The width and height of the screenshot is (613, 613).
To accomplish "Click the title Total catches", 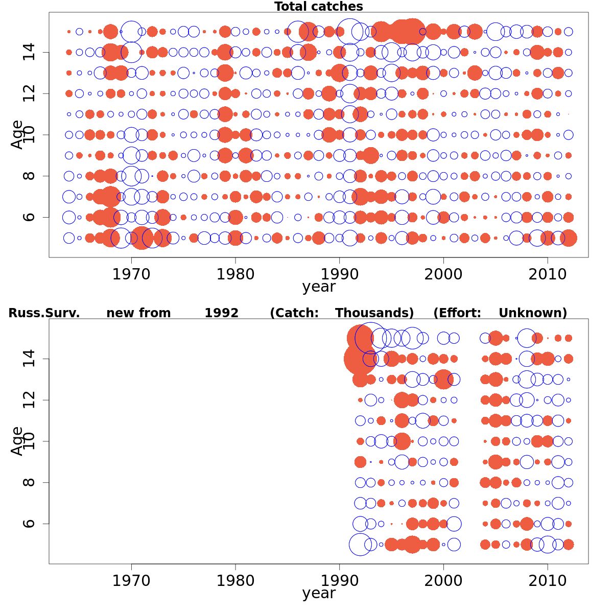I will point(318,7).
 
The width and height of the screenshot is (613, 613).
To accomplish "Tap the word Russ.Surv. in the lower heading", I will point(44,313).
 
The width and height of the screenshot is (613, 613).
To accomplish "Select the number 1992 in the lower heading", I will point(221,313).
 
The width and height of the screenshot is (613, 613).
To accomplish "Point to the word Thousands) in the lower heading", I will point(374,313).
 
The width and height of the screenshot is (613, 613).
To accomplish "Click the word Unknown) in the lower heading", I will point(533,313).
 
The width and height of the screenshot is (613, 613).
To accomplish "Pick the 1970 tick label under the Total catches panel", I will point(131,274).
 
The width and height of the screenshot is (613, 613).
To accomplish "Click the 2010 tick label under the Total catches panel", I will point(548,274).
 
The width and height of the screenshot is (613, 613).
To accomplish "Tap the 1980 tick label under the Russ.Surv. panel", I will point(235,581).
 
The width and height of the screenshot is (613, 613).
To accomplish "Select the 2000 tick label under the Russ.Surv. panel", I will point(443,581).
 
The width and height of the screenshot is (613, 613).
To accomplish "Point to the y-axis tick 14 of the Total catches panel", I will point(29,52).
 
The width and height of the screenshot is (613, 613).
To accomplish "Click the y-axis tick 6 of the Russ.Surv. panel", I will point(29,524).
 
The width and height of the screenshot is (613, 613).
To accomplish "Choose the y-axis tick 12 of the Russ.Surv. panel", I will point(29,400).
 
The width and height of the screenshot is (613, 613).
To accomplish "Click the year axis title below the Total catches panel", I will point(318,287).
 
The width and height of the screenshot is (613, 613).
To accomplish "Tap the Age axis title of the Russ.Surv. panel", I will point(17,441).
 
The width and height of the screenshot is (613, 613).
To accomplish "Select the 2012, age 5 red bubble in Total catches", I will point(569,238).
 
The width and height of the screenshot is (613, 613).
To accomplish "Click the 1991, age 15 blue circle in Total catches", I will point(350,32).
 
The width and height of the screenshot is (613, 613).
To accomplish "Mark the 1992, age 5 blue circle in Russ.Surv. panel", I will point(360,545).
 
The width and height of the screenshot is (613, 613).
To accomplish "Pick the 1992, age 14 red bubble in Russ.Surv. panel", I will point(359,359).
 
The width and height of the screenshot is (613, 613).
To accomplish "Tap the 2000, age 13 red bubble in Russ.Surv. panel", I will point(443,379).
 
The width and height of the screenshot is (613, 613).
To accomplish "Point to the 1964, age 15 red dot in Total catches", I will point(69,32).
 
